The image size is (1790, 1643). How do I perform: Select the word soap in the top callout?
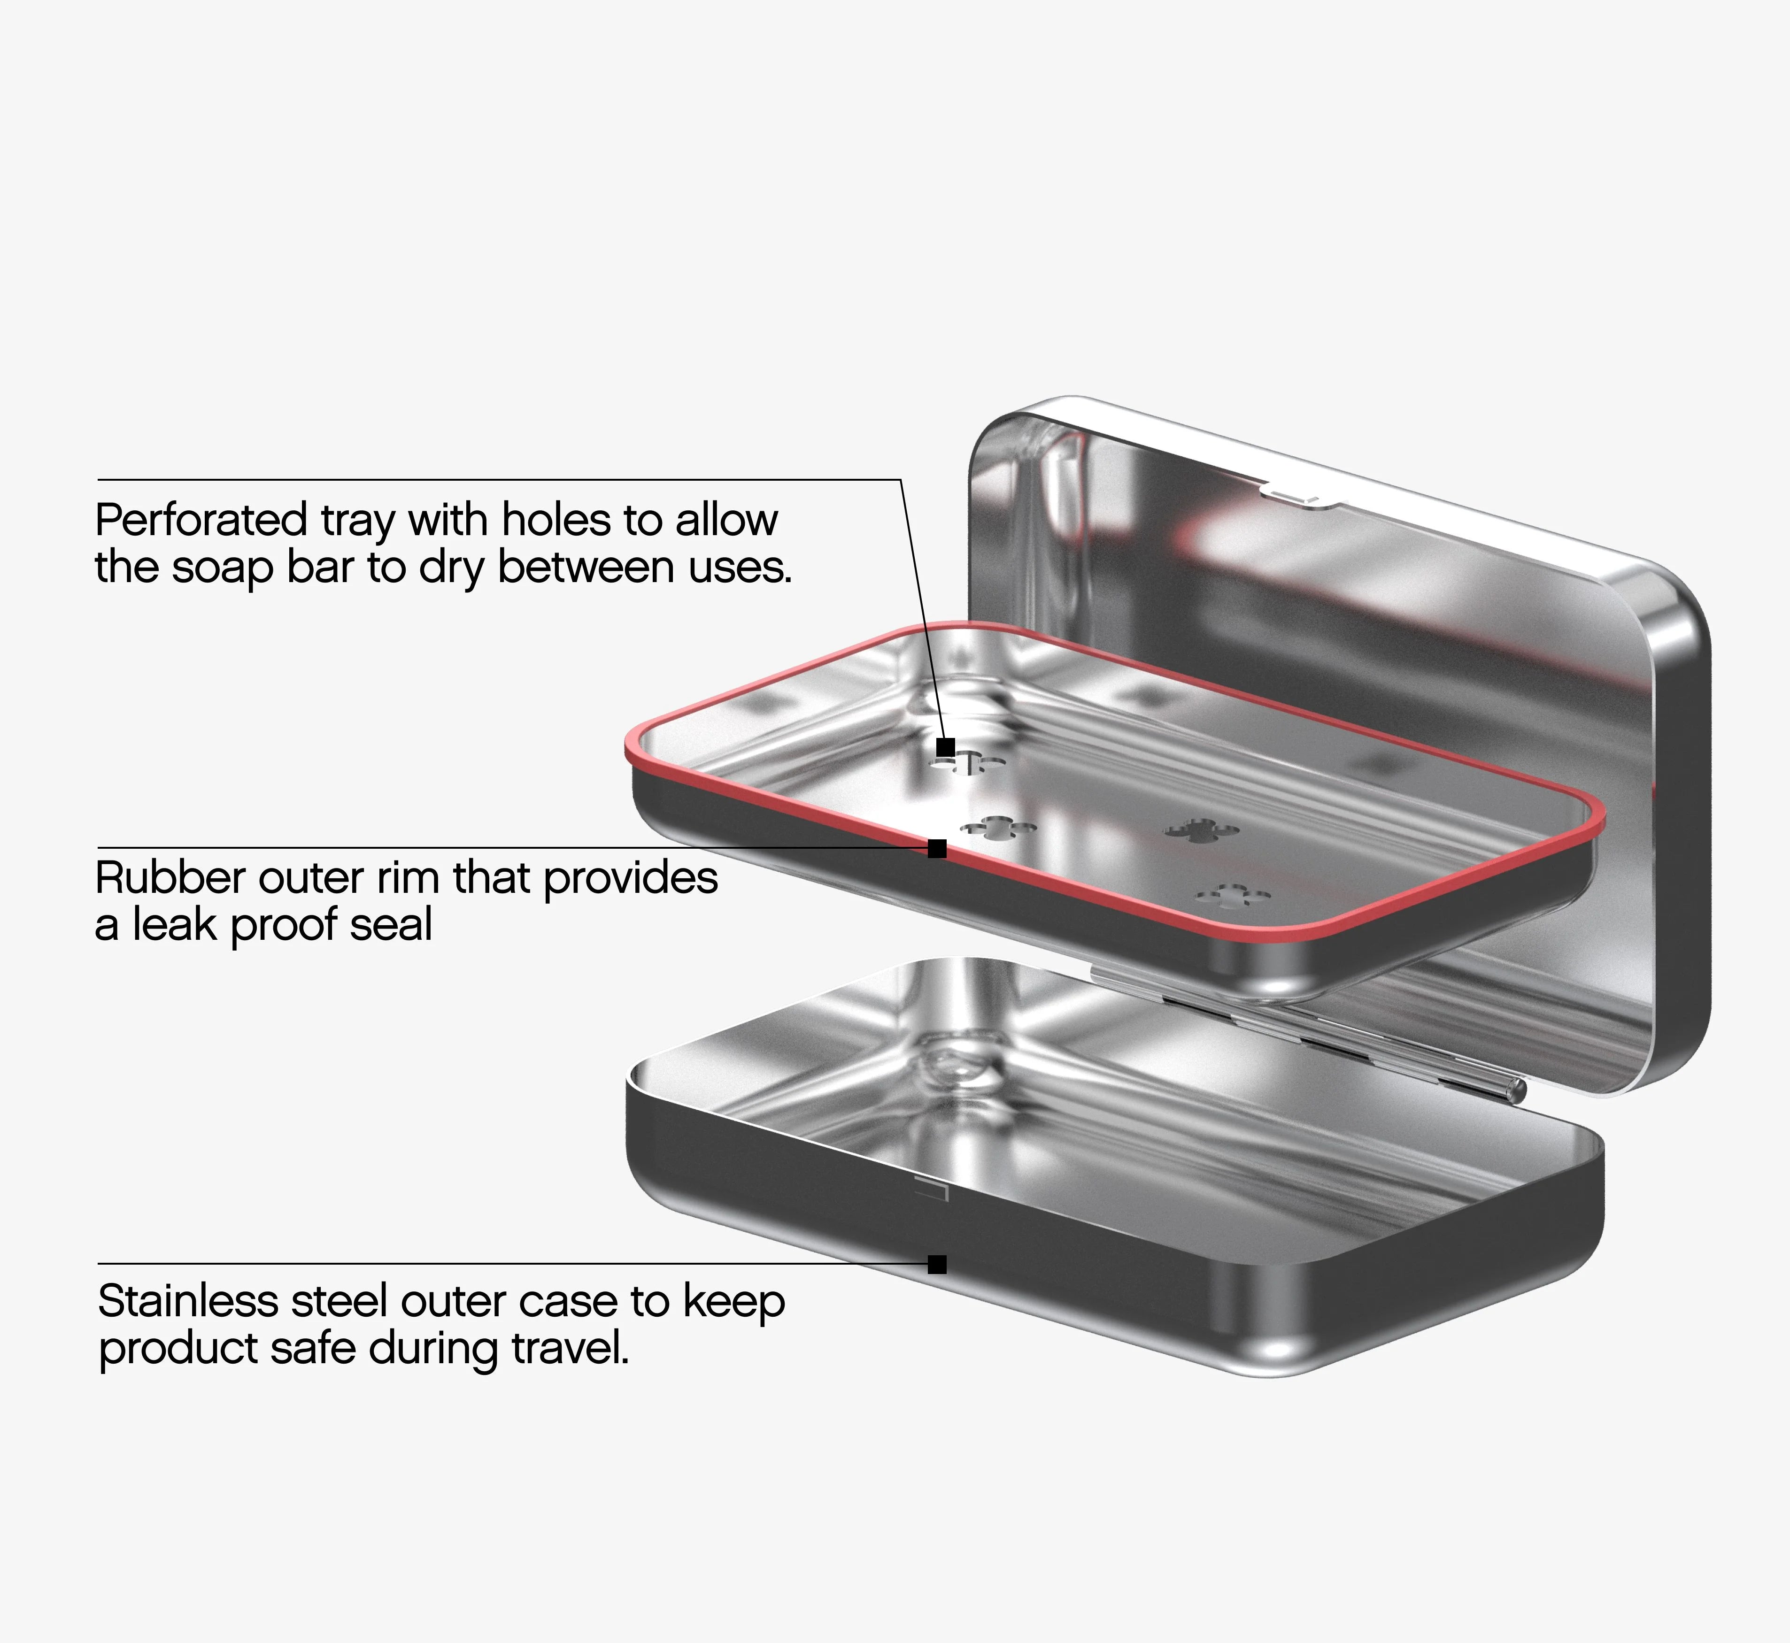click(x=222, y=567)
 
